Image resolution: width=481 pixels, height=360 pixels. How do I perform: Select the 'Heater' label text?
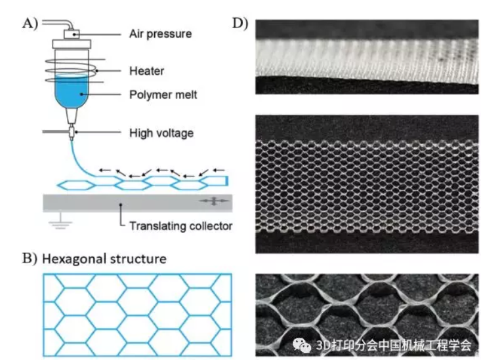click(146, 71)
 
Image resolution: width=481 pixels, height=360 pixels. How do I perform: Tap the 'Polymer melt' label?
click(163, 95)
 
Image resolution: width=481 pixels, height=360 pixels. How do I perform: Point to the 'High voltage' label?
click(161, 133)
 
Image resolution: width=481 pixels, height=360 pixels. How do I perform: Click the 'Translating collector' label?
click(180, 226)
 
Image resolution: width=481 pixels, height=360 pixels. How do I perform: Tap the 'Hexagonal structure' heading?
click(104, 258)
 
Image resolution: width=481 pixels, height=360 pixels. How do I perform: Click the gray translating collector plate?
click(131, 203)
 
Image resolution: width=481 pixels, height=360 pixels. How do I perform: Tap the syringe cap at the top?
click(70, 34)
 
